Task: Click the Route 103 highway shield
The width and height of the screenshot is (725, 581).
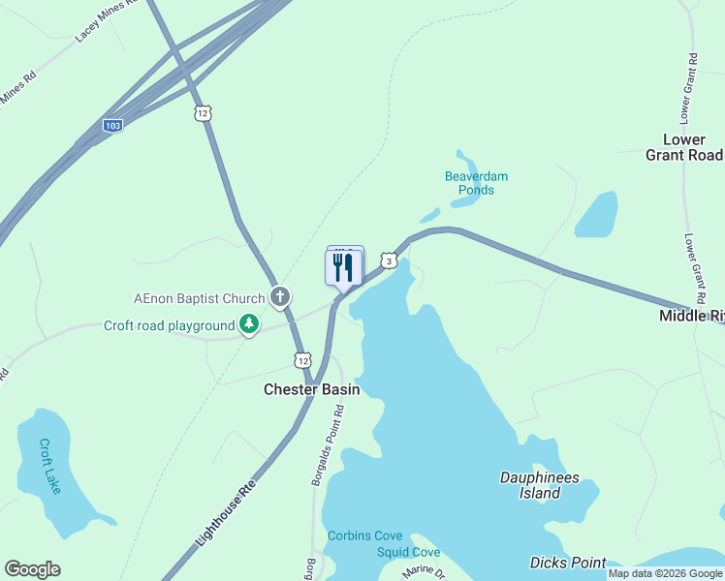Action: coord(113,126)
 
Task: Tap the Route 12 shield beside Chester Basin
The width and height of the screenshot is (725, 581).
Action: coord(302,360)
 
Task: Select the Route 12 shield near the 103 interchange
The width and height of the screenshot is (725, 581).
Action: coord(203,113)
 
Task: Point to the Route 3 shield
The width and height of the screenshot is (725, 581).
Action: coord(389,260)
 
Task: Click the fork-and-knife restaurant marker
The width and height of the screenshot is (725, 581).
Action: coord(342,267)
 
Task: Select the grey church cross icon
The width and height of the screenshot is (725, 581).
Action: coord(281,296)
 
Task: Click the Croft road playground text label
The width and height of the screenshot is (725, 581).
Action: coord(170,325)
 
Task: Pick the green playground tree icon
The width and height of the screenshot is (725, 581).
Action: coord(249,325)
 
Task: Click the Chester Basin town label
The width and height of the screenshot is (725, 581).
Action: coord(312,389)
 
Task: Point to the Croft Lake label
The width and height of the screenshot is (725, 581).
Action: coord(49,466)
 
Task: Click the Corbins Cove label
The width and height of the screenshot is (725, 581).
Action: coord(364,535)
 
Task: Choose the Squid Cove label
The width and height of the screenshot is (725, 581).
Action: coord(408,552)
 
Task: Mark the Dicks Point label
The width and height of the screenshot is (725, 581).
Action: coord(568,563)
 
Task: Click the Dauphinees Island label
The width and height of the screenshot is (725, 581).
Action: coord(530,485)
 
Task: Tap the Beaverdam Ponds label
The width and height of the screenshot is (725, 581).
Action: coord(476,183)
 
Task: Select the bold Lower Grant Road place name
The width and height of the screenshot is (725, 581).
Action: coord(684,147)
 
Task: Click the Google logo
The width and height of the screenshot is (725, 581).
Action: coord(32,569)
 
